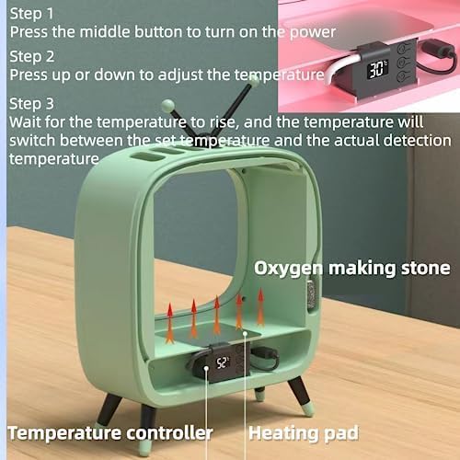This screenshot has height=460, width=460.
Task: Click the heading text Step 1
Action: (31, 14)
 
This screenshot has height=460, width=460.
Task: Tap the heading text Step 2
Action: (32, 57)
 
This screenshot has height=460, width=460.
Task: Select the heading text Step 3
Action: (32, 104)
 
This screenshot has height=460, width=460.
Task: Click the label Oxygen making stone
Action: (352, 269)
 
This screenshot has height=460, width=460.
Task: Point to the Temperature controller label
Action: (110, 433)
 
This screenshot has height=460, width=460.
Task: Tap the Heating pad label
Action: (304, 433)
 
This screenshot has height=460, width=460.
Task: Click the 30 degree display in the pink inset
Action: (378, 69)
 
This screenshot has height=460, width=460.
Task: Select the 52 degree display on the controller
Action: (223, 362)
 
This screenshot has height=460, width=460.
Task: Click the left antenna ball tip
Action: (167, 106)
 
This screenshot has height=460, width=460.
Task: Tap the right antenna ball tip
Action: (254, 80)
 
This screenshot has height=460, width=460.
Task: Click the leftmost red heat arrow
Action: (169, 323)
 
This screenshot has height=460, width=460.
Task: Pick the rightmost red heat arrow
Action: (260, 306)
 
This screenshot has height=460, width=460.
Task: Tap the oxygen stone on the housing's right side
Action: (312, 293)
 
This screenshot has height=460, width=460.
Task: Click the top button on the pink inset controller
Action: (402, 48)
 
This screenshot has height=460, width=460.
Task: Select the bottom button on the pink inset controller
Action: (402, 76)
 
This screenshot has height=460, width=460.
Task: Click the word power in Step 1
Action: (313, 33)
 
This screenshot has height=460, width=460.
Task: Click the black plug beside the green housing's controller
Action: (265, 355)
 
